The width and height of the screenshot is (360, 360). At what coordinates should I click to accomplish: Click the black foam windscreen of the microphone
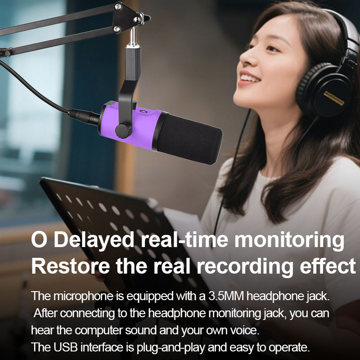189,139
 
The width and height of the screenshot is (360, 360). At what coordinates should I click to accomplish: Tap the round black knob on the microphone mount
123,130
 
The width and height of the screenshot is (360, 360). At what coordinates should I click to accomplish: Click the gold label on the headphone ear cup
334,98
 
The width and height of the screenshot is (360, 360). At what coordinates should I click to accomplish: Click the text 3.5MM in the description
226,296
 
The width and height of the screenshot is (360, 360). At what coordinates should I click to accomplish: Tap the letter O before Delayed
39,239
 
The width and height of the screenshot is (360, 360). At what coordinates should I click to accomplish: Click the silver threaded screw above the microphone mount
132,37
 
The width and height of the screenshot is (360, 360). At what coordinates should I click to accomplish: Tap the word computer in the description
99,331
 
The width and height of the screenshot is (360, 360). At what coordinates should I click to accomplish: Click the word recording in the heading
245,266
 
